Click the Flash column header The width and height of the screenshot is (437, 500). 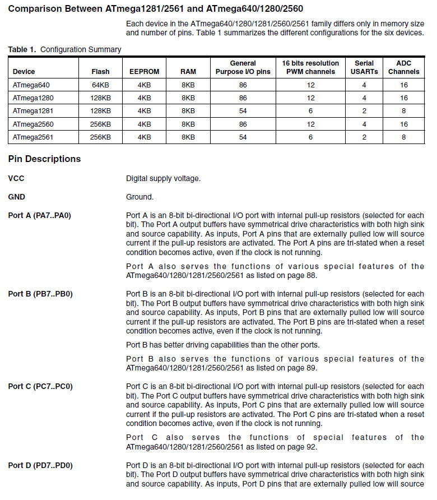click(x=101, y=72)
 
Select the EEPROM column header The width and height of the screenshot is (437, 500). click(x=144, y=72)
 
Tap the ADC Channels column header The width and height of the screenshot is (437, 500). click(x=403, y=67)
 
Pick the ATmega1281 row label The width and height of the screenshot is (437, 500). click(x=31, y=111)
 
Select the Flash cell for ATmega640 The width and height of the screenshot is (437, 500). click(x=101, y=85)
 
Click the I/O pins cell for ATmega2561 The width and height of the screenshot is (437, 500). click(x=243, y=137)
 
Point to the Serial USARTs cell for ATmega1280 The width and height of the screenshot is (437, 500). click(x=364, y=98)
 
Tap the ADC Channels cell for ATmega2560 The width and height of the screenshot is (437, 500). click(x=403, y=124)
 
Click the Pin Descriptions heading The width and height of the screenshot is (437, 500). click(x=44, y=159)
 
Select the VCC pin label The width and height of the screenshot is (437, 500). click(x=16, y=179)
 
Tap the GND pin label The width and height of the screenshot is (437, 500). click(x=17, y=197)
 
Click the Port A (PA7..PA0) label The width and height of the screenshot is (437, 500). click(x=40, y=216)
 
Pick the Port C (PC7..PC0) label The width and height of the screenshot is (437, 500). click(x=40, y=387)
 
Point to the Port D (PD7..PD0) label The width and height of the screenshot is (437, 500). click(x=40, y=465)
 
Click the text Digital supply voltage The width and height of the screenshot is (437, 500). click(x=163, y=179)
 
